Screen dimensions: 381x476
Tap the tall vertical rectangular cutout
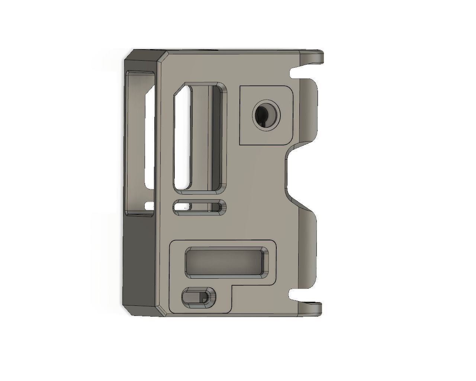click(200, 138)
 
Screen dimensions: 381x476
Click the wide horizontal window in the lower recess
click(226, 262)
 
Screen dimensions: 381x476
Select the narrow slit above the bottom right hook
click(297, 295)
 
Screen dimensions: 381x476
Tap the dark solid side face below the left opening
click(139, 260)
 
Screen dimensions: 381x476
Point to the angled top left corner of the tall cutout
click(180, 90)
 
